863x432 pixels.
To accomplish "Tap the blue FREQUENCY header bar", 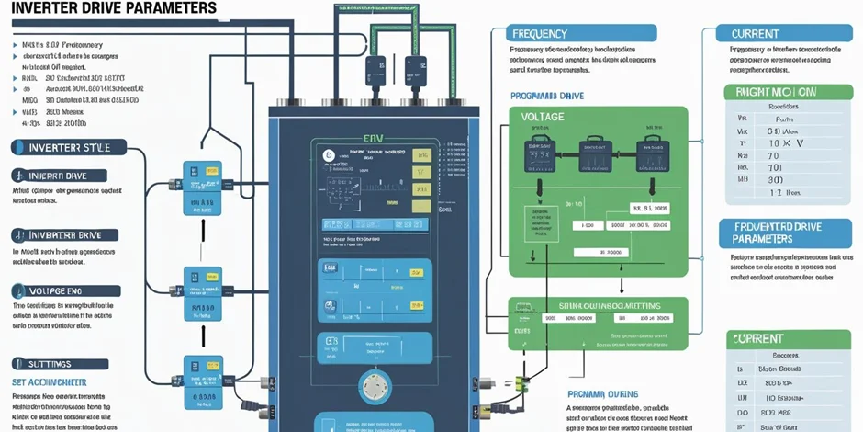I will [x=582, y=33].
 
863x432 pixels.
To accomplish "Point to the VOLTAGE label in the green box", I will [x=543, y=117].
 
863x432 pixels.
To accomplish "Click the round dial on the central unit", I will [x=375, y=386].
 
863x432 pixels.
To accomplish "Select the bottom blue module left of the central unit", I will [x=202, y=376].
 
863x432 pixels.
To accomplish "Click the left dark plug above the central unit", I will [x=375, y=72].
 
